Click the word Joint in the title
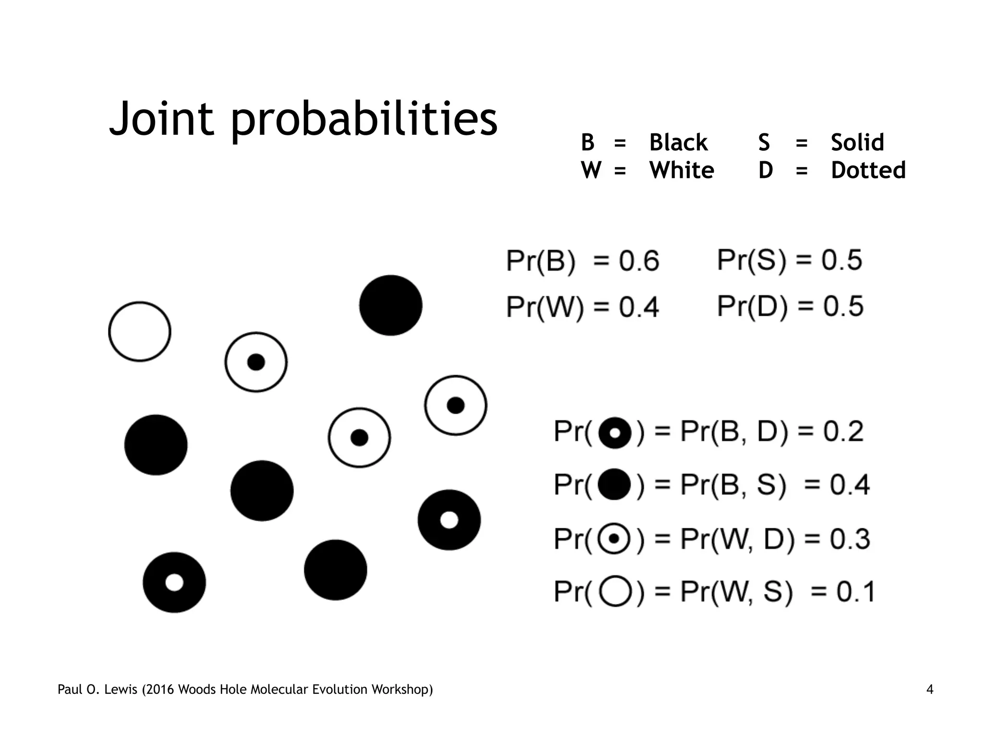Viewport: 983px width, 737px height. click(x=161, y=119)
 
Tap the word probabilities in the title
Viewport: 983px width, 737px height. click(x=364, y=120)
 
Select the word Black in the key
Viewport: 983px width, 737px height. click(x=678, y=143)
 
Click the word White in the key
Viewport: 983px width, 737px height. click(x=682, y=170)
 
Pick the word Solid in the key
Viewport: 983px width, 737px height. click(x=857, y=143)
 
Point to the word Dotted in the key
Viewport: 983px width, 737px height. click(x=868, y=170)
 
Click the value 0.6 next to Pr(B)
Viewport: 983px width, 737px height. click(x=639, y=262)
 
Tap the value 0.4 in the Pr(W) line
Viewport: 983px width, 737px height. click(x=638, y=307)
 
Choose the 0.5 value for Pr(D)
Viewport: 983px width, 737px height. click(x=843, y=306)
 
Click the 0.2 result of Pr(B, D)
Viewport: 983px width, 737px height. click(x=843, y=431)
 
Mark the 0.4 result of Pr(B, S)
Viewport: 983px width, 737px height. click(x=850, y=485)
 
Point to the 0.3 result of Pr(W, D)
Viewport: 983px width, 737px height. click(x=850, y=539)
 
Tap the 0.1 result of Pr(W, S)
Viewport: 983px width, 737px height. click(x=856, y=592)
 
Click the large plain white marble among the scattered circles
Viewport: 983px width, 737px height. click(x=140, y=332)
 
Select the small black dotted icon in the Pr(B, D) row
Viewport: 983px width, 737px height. click(x=614, y=433)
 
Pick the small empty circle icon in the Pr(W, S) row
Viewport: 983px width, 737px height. click(x=614, y=592)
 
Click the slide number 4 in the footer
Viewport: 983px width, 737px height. click(x=930, y=690)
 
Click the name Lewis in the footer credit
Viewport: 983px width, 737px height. click(x=120, y=690)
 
